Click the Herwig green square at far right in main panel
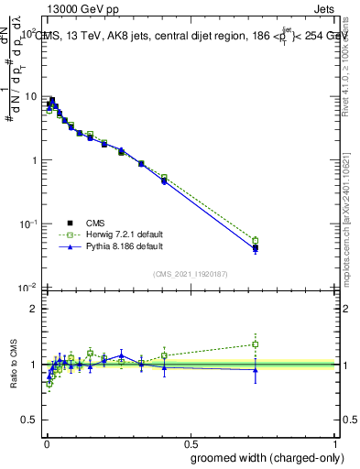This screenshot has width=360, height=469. [x=256, y=241]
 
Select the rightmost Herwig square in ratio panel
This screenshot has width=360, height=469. [x=256, y=344]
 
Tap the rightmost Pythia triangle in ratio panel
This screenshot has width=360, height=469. [x=256, y=369]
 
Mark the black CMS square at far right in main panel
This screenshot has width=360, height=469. [x=256, y=247]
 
